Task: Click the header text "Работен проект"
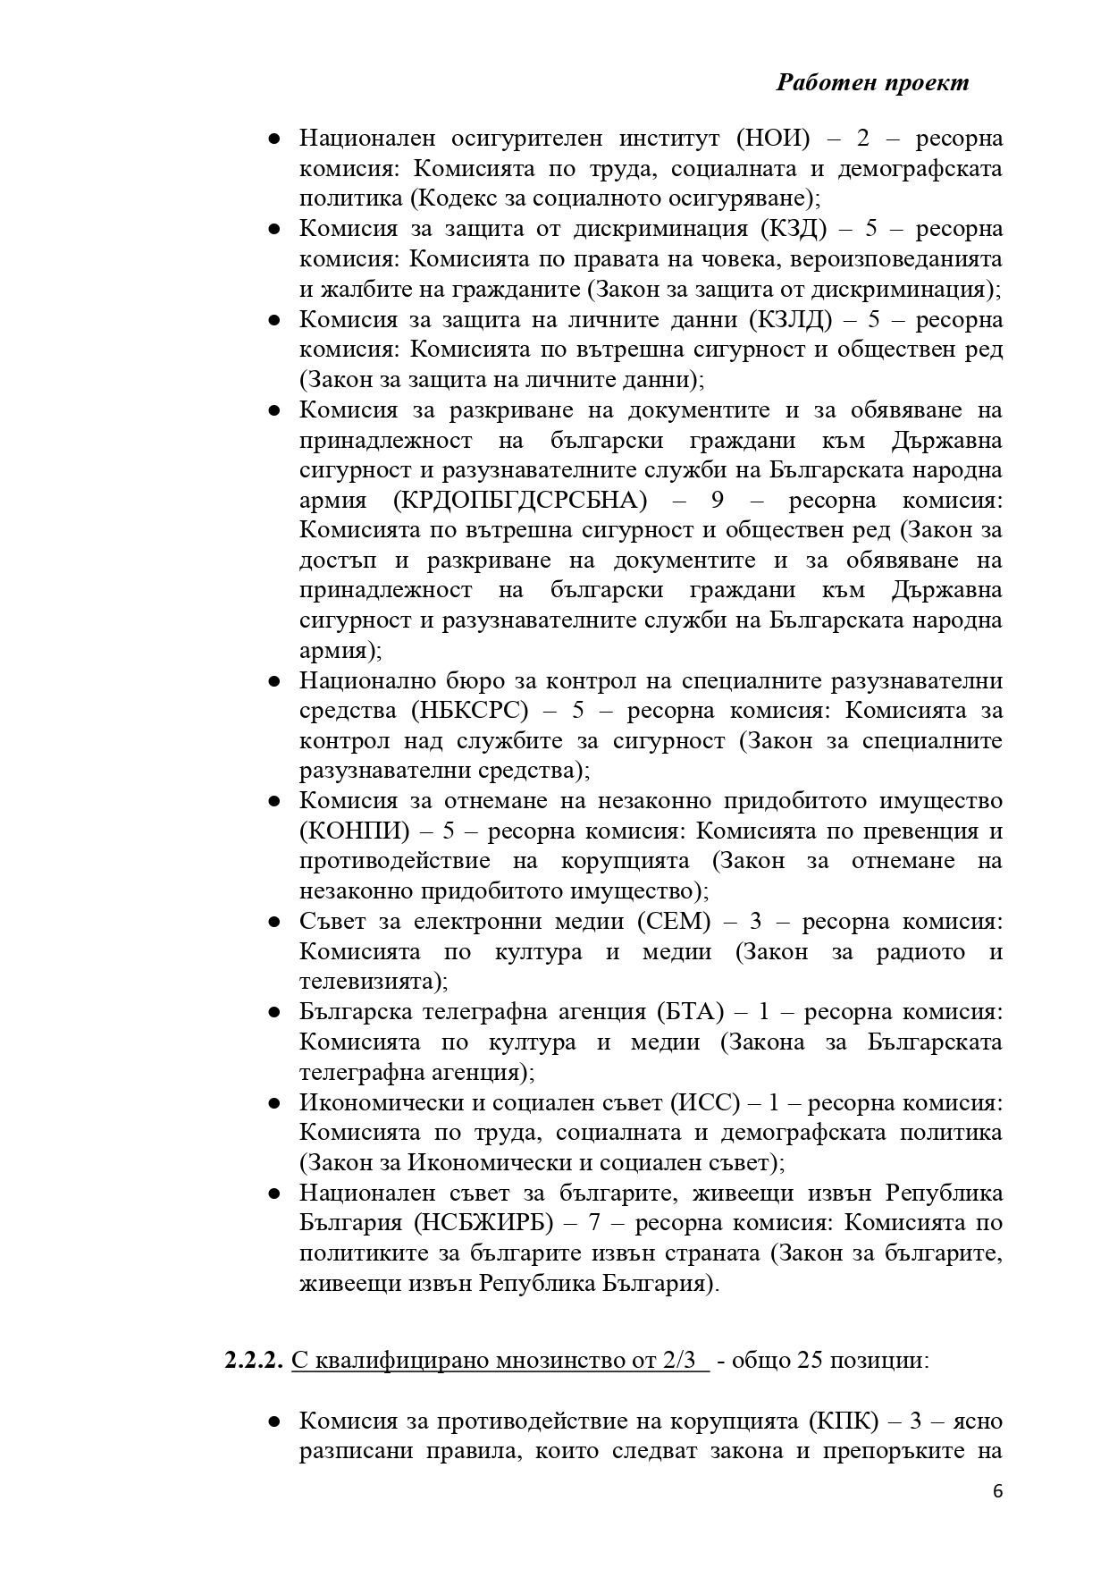click(x=872, y=82)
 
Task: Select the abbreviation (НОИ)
click(x=773, y=139)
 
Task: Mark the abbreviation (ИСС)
click(x=705, y=1103)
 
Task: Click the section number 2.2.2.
click(x=254, y=1361)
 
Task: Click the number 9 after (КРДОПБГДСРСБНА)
click(x=715, y=500)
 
